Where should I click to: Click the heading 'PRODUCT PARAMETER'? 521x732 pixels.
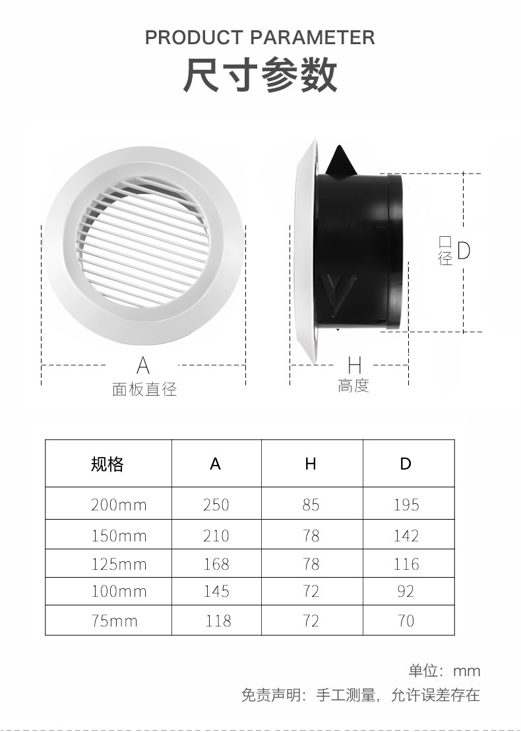260,37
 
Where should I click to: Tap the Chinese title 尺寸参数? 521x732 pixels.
260,75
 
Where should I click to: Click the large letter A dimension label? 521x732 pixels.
143,365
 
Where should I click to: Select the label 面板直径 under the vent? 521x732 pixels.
144,389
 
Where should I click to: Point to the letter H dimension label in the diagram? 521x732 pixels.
354,365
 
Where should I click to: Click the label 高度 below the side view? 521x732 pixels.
353,386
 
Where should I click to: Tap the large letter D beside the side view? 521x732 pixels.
464,251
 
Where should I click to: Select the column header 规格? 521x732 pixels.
107,464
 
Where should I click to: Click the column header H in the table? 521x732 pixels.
311,464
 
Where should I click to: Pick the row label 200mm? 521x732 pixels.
119,505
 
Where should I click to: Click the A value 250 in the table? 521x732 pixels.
216,505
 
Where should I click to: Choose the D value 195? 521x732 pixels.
406,505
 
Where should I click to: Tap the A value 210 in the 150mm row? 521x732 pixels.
216,535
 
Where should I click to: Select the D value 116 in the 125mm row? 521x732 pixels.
406,564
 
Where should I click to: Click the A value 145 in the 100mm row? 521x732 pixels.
216,592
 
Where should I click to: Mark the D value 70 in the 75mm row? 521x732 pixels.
406,621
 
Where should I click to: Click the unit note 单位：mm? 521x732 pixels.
444,671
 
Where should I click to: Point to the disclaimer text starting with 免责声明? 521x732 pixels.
360,695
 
